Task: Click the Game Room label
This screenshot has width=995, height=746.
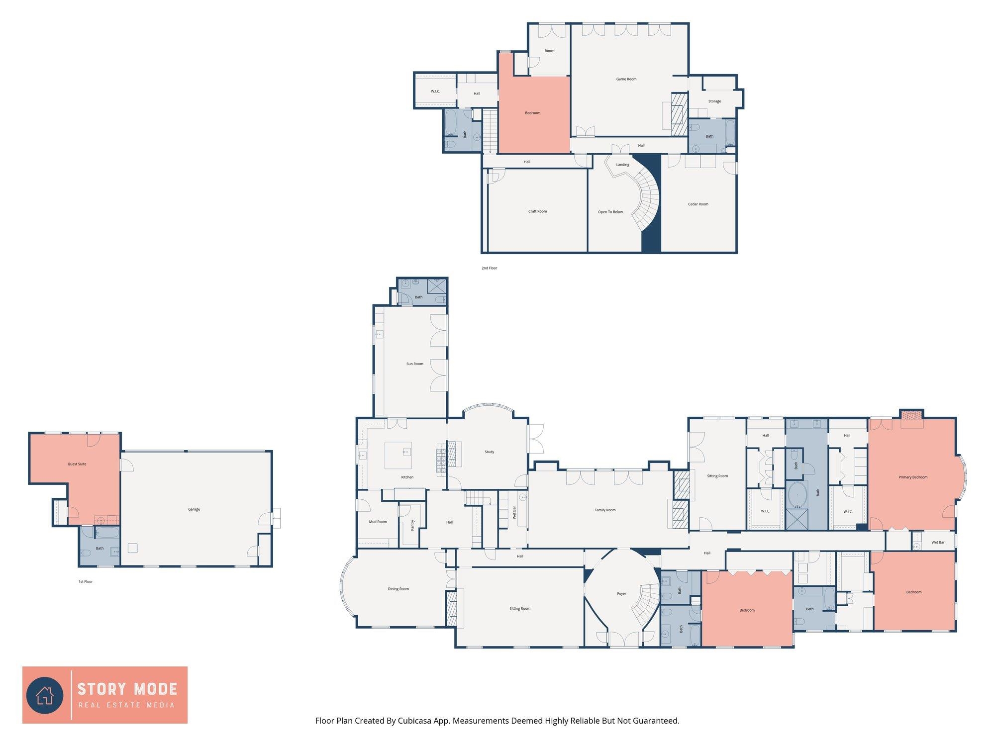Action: coord(626,79)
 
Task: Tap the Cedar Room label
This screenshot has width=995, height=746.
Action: coord(698,204)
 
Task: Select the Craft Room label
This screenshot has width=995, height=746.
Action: coord(537,211)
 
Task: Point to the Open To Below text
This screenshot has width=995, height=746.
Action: coord(610,212)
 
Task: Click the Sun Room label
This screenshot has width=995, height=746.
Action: coord(415,364)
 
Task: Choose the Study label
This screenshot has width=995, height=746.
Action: coord(490,452)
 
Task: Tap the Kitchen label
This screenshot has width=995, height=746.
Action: coord(407,477)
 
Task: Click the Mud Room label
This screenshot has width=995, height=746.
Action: coord(378,522)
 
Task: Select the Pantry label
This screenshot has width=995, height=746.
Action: coord(412,525)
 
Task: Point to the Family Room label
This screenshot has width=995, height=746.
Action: coord(605,510)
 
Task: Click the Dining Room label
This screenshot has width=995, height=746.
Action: coord(398,589)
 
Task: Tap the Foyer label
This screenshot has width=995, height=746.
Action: coord(622,593)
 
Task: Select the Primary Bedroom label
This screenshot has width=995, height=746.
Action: coord(913,477)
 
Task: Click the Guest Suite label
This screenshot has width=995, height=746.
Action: coord(77,464)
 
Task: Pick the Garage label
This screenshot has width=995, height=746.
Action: coord(194,509)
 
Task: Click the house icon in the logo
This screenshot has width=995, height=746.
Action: coord(45,694)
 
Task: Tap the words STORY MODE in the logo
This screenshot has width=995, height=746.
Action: coord(127,689)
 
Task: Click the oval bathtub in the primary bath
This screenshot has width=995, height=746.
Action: coord(798,495)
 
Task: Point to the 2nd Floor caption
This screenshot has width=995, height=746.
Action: coord(490,268)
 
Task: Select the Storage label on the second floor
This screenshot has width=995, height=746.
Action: coord(714,101)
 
